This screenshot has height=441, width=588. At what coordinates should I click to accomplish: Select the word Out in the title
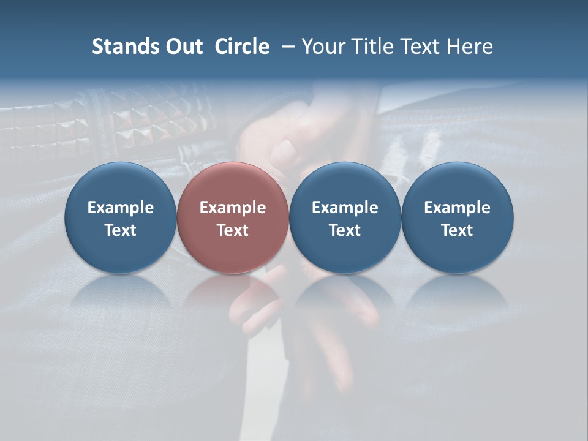(183, 47)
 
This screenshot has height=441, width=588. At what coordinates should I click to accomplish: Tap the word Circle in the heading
(242, 47)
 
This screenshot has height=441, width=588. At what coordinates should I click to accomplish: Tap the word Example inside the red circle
(233, 208)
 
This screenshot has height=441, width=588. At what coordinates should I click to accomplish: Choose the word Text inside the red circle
(233, 230)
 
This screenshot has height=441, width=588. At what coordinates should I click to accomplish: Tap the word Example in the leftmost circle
(121, 208)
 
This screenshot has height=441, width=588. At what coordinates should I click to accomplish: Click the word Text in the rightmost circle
(458, 230)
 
